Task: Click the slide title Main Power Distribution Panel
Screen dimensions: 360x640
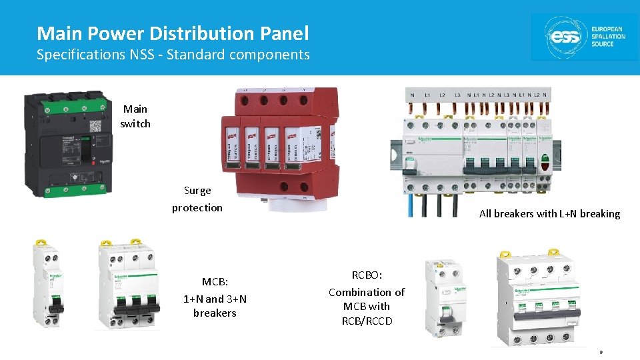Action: [x=173, y=33]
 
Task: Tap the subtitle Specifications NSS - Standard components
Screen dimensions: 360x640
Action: [x=173, y=55]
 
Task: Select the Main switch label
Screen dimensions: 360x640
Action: [x=135, y=116]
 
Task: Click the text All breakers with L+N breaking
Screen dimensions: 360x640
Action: [x=549, y=214]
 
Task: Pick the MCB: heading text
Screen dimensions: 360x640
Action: [x=215, y=282]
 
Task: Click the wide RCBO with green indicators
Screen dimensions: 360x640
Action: [x=543, y=297]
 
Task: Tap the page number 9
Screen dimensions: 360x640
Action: [x=601, y=352]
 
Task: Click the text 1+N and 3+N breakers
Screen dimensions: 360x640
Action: [x=215, y=306]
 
